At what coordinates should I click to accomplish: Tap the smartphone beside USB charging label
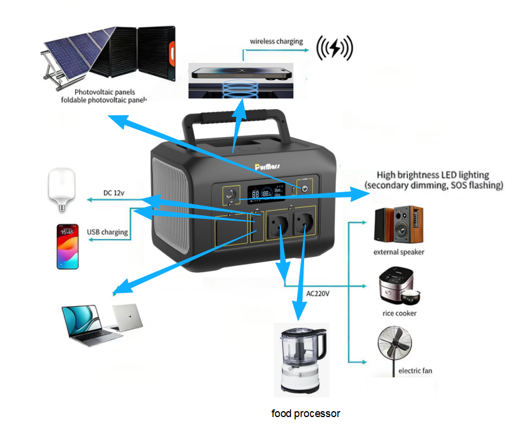click(x=68, y=246)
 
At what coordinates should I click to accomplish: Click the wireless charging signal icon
click(x=335, y=47)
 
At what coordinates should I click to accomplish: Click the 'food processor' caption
click(x=306, y=413)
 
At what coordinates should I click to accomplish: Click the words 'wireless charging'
click(x=276, y=42)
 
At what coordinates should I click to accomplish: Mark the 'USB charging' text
click(x=107, y=232)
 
